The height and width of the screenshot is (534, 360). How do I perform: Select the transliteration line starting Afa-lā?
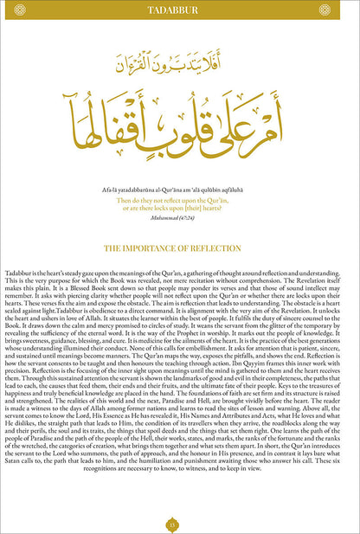[x=179, y=190]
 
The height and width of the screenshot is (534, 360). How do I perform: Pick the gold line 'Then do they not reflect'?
[x=179, y=200]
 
